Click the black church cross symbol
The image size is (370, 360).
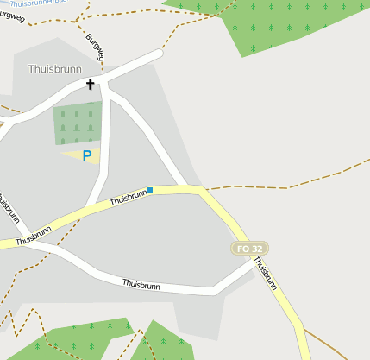point(90,85)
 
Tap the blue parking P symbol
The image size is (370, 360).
point(86,156)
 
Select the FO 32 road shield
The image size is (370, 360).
point(250,249)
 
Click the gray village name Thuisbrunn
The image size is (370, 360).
point(55,68)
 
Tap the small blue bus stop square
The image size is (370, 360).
point(150,190)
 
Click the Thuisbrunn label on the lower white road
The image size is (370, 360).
point(142,283)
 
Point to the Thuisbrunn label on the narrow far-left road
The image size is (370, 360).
point(8,210)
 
